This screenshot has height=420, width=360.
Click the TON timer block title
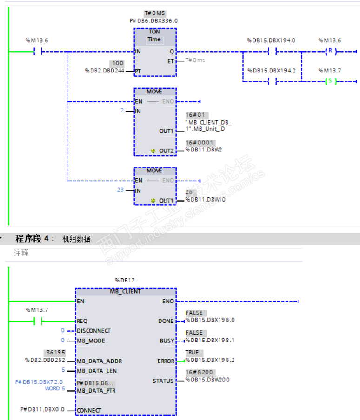(154, 32)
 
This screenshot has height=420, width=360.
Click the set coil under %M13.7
(330, 81)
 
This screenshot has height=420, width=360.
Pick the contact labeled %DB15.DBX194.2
(273, 81)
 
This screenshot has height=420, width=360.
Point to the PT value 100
(117, 63)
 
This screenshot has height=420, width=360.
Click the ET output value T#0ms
(195, 60)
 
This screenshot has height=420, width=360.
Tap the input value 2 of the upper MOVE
(122, 111)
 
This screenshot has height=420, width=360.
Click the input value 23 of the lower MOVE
(120, 190)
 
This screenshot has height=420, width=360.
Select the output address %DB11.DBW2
(202, 150)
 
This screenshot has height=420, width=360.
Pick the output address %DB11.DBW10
(203, 199)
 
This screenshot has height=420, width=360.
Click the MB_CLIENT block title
(126, 291)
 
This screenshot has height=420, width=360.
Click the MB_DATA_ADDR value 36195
(55, 353)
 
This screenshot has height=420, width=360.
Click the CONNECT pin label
(90, 410)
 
